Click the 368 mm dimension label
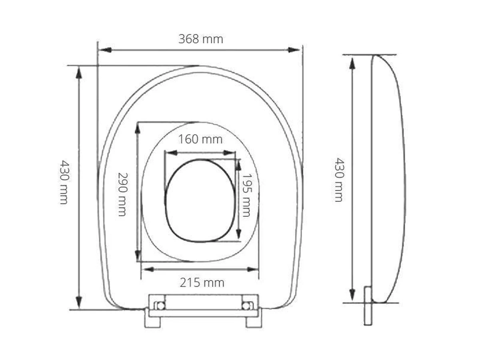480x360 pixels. [201, 39]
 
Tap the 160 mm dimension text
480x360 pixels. [200, 139]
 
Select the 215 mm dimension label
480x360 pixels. [202, 282]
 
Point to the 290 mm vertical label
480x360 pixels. [122, 194]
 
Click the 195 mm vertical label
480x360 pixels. [246, 195]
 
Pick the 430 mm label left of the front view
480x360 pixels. [64, 182]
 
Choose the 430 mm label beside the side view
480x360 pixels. [339, 180]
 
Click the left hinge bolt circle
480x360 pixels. [160, 306]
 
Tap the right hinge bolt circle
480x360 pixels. [247, 306]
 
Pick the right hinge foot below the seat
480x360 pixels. [254, 322]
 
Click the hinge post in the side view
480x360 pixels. [368, 306]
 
